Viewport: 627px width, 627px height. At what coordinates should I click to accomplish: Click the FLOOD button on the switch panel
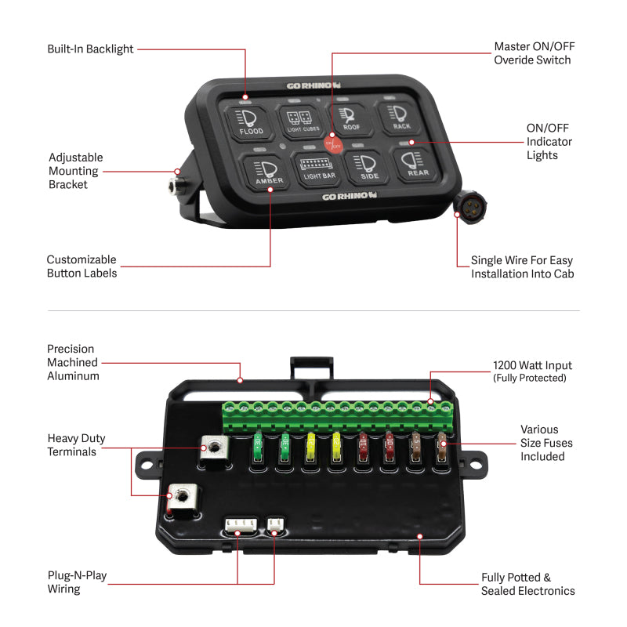tap(250, 121)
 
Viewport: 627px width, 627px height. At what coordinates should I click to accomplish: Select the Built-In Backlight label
tap(90, 49)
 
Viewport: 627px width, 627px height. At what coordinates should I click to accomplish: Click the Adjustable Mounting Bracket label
tap(74, 171)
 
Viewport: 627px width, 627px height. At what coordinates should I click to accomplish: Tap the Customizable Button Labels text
tap(82, 266)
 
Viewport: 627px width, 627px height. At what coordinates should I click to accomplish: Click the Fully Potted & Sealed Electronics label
tap(527, 584)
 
